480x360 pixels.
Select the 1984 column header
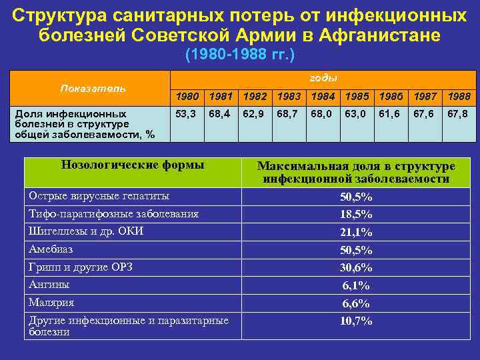(x=323, y=96)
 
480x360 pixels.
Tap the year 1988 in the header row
(x=459, y=96)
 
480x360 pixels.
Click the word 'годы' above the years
(x=323, y=77)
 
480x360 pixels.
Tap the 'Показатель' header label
(x=93, y=88)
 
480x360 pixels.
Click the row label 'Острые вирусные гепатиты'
(x=99, y=196)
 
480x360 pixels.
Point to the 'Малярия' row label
(x=51, y=302)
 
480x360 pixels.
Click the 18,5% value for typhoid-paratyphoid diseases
(x=356, y=215)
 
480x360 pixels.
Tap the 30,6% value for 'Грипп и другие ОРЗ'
(x=356, y=267)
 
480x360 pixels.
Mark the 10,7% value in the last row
(x=356, y=321)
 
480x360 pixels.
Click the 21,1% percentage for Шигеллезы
(x=356, y=233)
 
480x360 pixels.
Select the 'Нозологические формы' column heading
(x=132, y=165)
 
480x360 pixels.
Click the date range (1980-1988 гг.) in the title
(x=239, y=53)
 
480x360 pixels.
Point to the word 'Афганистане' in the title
(x=383, y=35)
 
